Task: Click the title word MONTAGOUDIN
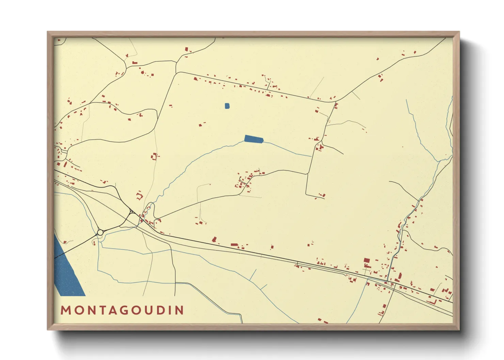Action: (x=122, y=310)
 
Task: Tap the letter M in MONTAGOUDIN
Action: (x=65, y=310)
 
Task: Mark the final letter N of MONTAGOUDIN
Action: (x=179, y=310)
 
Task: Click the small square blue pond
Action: (x=227, y=106)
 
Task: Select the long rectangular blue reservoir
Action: (x=254, y=139)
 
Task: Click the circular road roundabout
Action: (x=100, y=232)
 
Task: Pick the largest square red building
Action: (x=366, y=261)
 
